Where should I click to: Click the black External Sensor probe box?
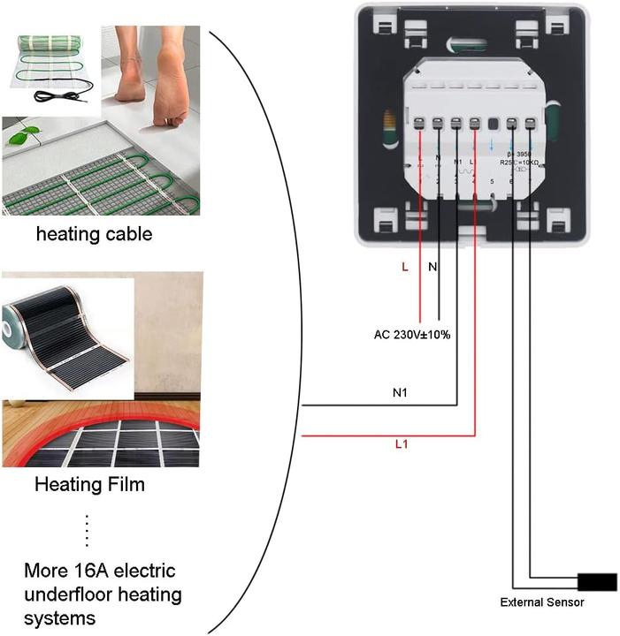pyautogui.click(x=597, y=582)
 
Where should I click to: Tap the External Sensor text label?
pyautogui.click(x=541, y=602)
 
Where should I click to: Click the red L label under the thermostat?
pyautogui.click(x=405, y=267)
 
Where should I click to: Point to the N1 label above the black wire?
pyautogui.click(x=401, y=391)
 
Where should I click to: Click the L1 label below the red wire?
pyautogui.click(x=401, y=443)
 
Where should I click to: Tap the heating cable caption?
pyautogui.click(x=94, y=234)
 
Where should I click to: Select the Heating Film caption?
pyautogui.click(x=89, y=484)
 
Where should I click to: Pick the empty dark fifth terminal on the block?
pyautogui.click(x=493, y=125)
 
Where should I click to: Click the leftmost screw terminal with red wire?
pyautogui.click(x=418, y=125)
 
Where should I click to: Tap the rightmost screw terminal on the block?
pyautogui.click(x=530, y=125)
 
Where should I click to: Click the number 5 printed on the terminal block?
pyautogui.click(x=493, y=182)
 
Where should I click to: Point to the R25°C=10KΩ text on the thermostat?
pyautogui.click(x=520, y=163)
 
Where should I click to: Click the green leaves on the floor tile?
pyautogui.click(x=26, y=134)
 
